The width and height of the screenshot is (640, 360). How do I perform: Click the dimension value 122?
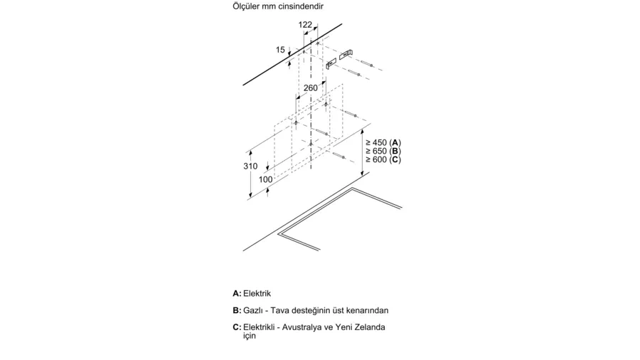[305, 25]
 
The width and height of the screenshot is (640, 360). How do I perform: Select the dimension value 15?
[280, 50]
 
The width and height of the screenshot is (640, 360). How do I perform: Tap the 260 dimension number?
[310, 88]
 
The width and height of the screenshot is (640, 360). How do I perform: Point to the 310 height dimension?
[250, 166]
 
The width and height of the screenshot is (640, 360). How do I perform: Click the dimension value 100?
[265, 179]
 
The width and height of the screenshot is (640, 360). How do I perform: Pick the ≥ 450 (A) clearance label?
[383, 142]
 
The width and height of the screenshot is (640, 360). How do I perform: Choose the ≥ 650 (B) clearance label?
[383, 151]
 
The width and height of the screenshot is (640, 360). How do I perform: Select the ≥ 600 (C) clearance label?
[383, 159]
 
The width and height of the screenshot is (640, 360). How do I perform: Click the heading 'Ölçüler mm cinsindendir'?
[278, 6]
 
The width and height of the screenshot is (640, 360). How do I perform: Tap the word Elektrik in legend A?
[257, 293]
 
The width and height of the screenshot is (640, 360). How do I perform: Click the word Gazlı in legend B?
[252, 311]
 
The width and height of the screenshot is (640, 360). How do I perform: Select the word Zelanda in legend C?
[370, 327]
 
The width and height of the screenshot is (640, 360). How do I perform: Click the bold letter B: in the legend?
[237, 311]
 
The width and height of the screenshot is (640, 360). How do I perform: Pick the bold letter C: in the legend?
[237, 327]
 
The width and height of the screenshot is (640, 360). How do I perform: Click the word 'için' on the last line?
[250, 336]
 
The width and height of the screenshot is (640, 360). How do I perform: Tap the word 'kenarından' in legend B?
[368, 311]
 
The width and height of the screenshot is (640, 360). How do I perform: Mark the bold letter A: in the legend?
[237, 293]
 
